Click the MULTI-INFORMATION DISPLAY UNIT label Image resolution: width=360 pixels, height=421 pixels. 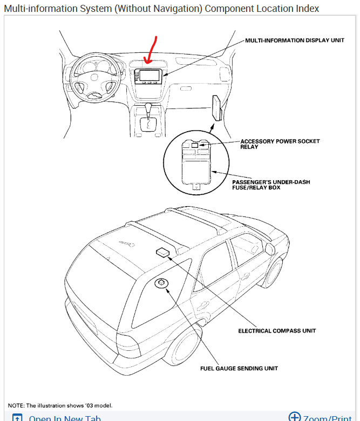295,40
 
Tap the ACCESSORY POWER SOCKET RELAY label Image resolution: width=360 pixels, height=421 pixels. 280,144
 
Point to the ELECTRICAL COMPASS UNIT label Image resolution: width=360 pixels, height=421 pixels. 277,331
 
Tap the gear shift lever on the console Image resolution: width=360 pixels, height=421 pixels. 147,115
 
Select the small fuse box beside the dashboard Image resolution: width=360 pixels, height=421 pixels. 218,108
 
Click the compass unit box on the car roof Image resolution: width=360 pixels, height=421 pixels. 162,252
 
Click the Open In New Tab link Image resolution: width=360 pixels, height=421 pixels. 64,418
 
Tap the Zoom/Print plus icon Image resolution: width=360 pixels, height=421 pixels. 294,417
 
